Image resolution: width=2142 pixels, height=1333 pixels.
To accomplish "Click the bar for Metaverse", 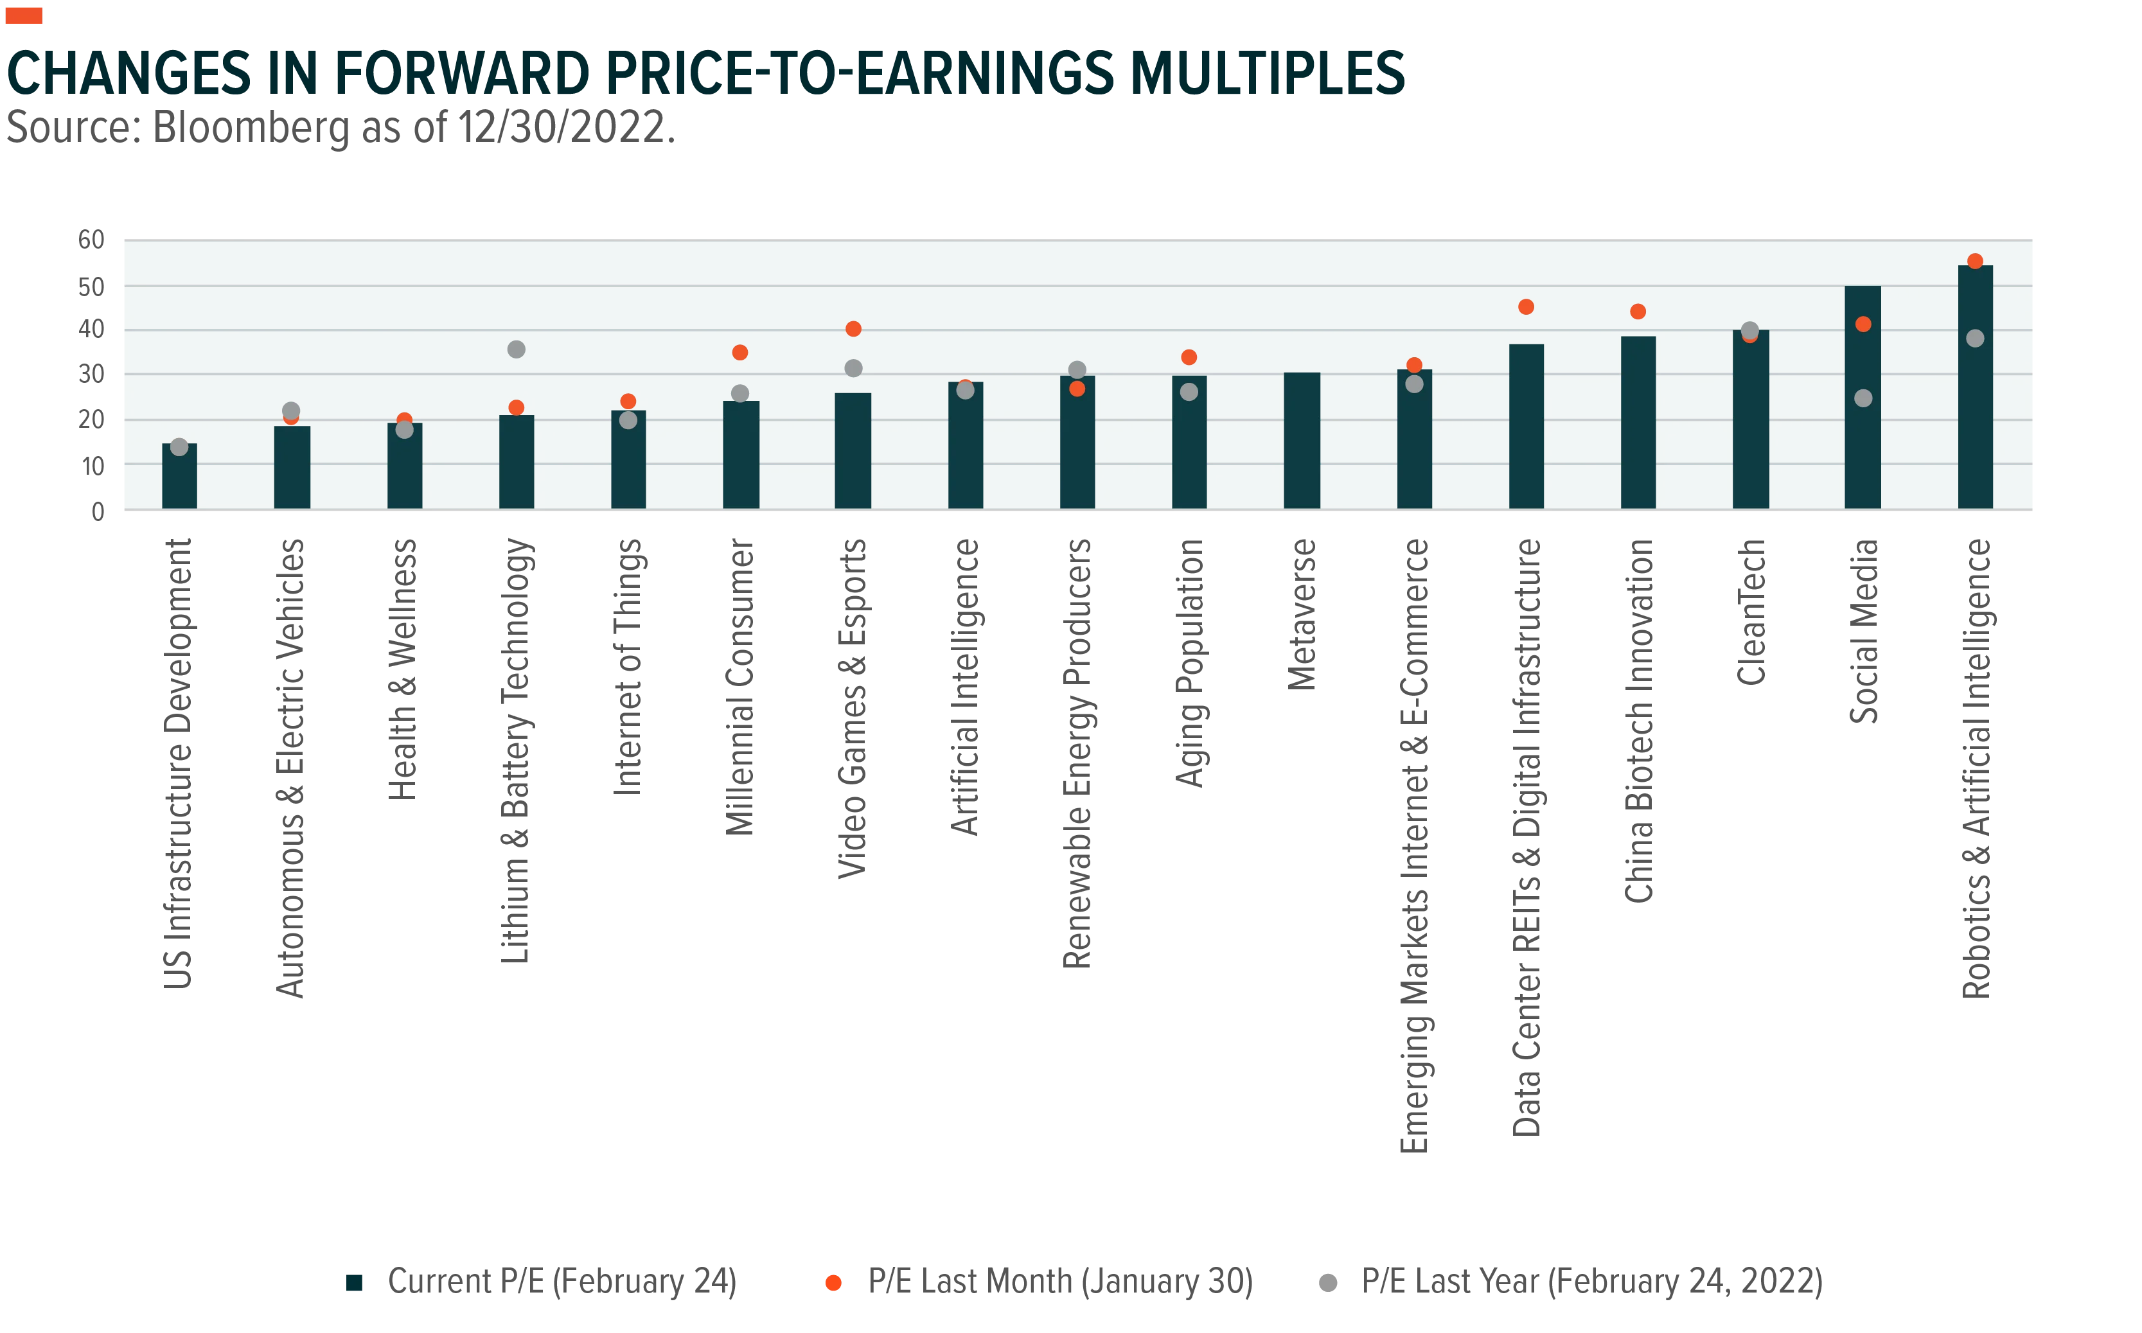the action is (x=1301, y=441).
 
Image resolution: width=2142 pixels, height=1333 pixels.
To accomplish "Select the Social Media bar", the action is (x=1862, y=397).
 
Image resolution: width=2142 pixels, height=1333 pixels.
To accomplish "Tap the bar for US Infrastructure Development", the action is (x=179, y=476).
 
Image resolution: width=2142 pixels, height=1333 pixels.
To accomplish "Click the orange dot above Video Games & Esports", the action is (x=853, y=329).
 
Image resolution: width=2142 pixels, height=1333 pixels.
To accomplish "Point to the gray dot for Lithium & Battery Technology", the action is (x=517, y=349).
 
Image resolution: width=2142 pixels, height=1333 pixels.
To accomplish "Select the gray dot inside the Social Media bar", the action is (x=1863, y=398).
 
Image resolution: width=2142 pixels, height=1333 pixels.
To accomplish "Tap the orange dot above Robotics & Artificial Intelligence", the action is (x=1974, y=261).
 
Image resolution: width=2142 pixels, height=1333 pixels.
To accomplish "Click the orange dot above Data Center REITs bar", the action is (x=1526, y=307).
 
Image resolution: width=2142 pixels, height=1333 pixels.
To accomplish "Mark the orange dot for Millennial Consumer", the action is (x=739, y=353).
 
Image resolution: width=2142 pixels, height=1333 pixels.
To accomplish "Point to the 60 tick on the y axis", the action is (x=92, y=240).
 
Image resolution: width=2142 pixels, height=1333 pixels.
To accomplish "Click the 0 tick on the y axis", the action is (x=98, y=511).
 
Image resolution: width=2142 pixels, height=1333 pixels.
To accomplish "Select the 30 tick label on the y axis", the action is (x=92, y=375).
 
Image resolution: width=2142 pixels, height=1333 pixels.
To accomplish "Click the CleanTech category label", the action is (x=1751, y=612).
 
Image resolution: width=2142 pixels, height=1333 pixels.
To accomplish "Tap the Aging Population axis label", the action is (x=1189, y=663).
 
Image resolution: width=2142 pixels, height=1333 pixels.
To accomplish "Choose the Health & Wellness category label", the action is (x=403, y=670).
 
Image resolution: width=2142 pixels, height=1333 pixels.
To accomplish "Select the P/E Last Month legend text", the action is (x=1061, y=1282).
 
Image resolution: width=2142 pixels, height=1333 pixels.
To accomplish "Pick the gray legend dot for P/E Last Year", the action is (x=1327, y=1283).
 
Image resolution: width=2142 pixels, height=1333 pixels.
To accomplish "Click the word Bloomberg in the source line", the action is (x=251, y=128).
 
